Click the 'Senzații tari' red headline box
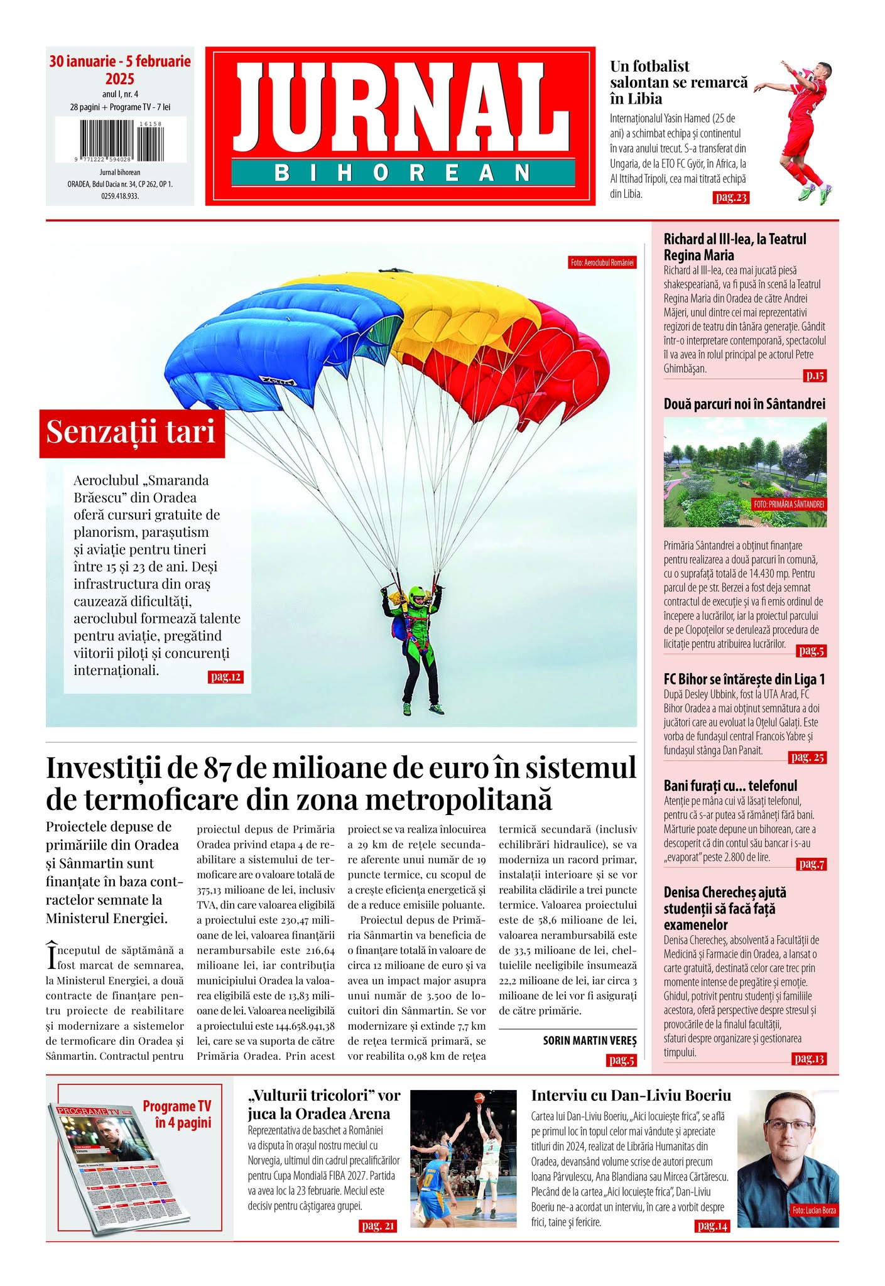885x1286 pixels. tap(131, 432)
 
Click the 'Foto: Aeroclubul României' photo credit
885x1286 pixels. tap(602, 262)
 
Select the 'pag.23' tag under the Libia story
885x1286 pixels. tap(730, 198)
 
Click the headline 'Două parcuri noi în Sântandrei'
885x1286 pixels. tap(744, 404)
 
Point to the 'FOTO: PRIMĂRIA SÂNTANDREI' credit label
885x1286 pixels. tap(789, 504)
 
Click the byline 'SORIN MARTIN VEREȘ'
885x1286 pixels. tap(589, 1040)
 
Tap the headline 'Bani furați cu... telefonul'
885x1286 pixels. tap(730, 786)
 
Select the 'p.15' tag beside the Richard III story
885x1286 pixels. tap(815, 376)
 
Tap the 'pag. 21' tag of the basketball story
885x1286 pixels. tap(378, 1226)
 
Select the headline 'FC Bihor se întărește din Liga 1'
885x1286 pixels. tap(744, 679)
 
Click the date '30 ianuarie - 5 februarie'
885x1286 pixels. tap(120, 62)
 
